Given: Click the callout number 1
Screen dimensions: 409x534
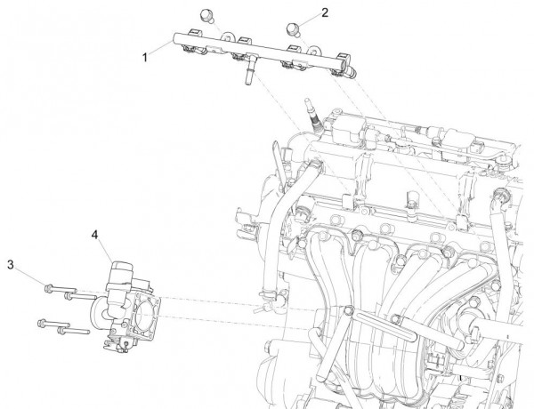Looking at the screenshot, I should coord(145,55).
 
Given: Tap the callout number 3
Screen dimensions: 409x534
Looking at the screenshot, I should coord(11,264).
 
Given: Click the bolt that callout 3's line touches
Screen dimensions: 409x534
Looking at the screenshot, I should coord(50,286).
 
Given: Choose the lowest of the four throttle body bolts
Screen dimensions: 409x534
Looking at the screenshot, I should coord(64,332).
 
